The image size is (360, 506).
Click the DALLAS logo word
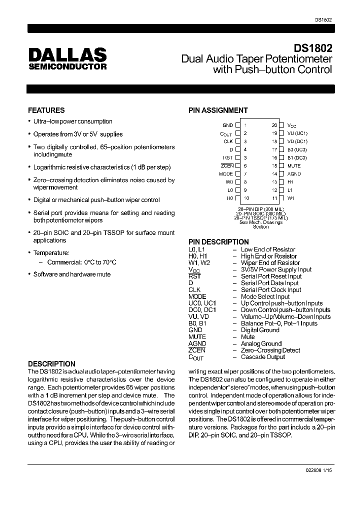tap(67, 54)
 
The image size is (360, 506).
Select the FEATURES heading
tap(46, 110)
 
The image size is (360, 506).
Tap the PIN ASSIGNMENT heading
tap(218, 110)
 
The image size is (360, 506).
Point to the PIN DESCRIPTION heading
tap(218, 242)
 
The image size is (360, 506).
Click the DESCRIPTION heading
tap(51, 364)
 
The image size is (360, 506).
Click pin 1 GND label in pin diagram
tap(227, 125)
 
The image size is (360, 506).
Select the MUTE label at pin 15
tap(294, 165)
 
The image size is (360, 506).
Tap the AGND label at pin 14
tap(294, 173)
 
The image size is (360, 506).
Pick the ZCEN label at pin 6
tap(227, 165)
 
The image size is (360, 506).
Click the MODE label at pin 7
tap(226, 173)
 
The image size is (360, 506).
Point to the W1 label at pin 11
tap(290, 198)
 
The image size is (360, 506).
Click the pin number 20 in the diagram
tap(274, 125)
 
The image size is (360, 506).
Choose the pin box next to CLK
tap(238, 141)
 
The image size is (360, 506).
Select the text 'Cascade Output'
tap(263, 357)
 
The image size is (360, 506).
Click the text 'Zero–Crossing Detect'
tap(270, 350)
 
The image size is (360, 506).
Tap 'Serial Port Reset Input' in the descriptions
tap(271, 276)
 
